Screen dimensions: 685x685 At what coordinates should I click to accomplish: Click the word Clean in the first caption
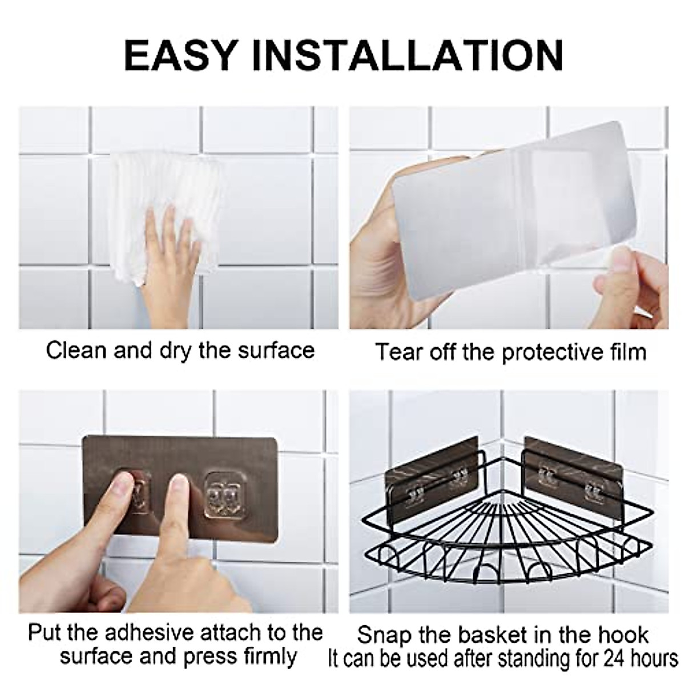76,350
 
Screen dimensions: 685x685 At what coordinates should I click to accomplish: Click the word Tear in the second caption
396,352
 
